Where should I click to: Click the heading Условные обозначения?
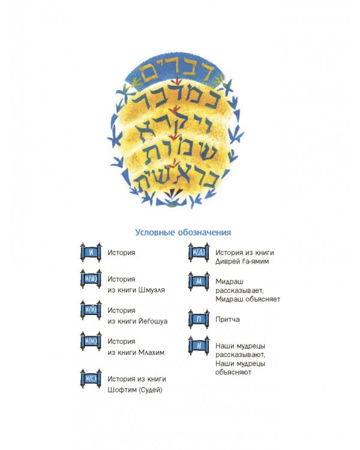coord(183,232)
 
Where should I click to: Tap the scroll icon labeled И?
coord(91,253)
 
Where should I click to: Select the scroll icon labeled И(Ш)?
coord(91,279)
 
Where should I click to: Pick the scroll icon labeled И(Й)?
coord(91,310)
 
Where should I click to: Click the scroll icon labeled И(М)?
coord(91,341)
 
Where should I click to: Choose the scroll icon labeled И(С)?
coord(91,379)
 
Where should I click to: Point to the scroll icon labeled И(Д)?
coord(199,253)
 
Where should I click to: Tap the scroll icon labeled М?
coord(199,281)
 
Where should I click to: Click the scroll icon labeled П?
coord(199,319)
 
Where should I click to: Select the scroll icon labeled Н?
coord(199,346)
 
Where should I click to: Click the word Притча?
coord(227,319)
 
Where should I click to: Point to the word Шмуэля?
coord(152,290)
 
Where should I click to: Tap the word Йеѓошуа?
coord(153,320)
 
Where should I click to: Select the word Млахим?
coord(151,352)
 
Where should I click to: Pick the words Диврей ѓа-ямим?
coord(242,261)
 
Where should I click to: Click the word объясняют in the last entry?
coord(233,372)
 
